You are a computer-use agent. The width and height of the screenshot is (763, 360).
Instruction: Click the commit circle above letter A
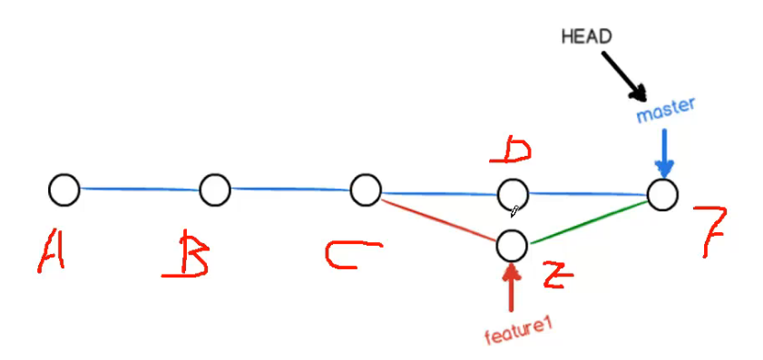point(64,190)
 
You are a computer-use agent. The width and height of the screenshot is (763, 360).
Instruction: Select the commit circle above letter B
point(214,190)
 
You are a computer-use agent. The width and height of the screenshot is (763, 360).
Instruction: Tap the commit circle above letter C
point(365,190)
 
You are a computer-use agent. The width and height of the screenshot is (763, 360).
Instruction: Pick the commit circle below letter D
point(513,193)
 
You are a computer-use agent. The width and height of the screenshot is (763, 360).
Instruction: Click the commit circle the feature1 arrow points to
point(513,244)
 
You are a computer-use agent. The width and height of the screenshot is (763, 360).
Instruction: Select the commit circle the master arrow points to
point(662,194)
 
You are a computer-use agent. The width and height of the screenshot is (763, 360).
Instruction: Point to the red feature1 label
point(518,336)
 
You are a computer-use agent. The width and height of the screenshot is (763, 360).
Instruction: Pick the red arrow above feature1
point(513,290)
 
